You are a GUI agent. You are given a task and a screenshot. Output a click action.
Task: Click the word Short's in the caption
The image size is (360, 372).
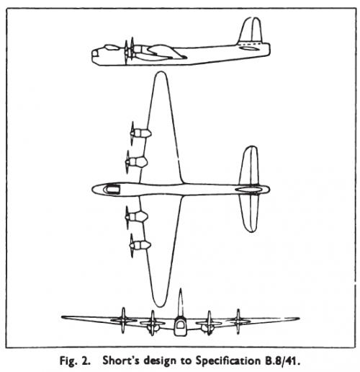coord(117,360)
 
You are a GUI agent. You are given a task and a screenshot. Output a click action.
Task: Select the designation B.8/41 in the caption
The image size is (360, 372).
coord(280,361)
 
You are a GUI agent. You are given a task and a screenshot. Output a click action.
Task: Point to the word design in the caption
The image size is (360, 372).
coord(148,361)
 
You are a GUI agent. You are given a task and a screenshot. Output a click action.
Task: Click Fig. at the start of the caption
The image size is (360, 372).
coord(68,361)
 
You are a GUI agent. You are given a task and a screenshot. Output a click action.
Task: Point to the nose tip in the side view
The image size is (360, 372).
coord(92,55)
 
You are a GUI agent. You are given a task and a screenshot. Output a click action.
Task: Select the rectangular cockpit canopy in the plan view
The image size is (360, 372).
coord(113,189)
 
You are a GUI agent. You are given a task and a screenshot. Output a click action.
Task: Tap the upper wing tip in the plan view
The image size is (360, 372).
coord(160,72)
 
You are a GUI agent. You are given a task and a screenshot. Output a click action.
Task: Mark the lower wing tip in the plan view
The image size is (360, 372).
coord(159,306)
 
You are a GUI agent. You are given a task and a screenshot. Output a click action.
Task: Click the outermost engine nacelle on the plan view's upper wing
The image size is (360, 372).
coord(142,133)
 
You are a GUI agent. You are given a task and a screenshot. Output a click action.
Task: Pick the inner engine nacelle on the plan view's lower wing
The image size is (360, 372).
coord(139,216)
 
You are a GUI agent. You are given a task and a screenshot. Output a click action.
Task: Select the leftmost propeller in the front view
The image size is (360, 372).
coord(123,320)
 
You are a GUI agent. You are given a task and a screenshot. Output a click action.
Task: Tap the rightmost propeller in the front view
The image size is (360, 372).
coord(238,322)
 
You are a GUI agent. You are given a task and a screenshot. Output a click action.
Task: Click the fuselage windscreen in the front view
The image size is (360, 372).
coord(180,325)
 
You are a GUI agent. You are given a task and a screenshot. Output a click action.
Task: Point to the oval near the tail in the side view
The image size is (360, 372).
coord(250,49)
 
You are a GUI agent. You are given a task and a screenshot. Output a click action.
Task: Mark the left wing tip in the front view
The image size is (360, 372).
coord(63,317)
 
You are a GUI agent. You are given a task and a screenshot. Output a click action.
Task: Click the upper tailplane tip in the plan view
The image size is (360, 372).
coord(251,146)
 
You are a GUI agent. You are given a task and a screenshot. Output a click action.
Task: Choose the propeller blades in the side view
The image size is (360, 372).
coord(129,51)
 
